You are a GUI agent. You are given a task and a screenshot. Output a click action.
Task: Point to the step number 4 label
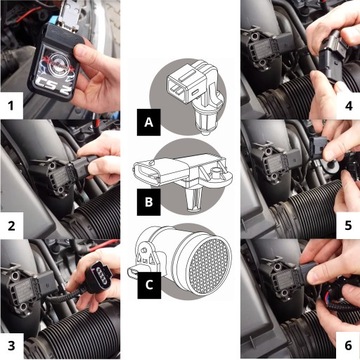point(346,103)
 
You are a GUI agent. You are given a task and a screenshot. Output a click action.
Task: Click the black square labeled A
point(149,124)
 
